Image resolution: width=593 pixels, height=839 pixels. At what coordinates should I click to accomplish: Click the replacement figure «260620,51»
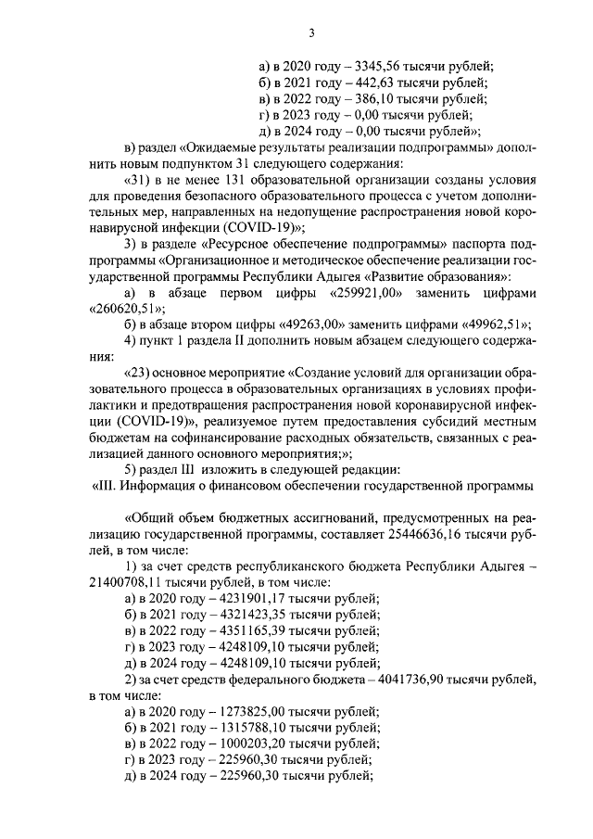(x=127, y=310)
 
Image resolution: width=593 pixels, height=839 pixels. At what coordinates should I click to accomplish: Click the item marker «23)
(x=139, y=375)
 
